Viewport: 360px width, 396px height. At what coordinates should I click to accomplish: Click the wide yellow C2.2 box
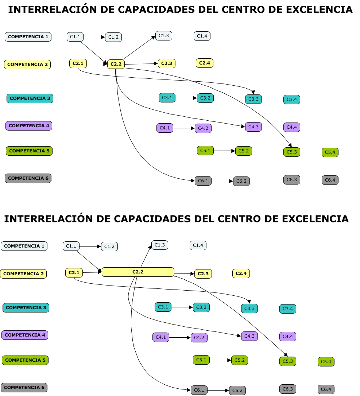pyautogui.click(x=138, y=272)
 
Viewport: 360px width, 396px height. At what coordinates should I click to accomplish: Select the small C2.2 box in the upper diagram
pyautogui.click(x=116, y=64)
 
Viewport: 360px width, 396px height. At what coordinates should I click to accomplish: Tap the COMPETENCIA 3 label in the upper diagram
pyautogui.click(x=30, y=98)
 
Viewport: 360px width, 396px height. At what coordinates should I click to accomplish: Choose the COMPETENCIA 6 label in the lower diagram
pyautogui.click(x=24, y=387)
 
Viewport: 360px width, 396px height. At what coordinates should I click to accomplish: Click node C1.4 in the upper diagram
pyautogui.click(x=202, y=36)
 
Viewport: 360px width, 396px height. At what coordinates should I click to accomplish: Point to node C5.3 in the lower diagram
pyautogui.click(x=287, y=361)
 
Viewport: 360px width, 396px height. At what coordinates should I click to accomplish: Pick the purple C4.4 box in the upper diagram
pyautogui.click(x=291, y=127)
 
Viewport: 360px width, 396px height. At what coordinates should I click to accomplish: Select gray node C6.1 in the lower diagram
pyautogui.click(x=199, y=390)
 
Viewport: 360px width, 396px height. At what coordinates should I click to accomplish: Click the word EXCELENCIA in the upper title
pyautogui.click(x=319, y=10)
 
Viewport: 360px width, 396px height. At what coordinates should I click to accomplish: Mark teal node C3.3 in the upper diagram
pyautogui.click(x=253, y=99)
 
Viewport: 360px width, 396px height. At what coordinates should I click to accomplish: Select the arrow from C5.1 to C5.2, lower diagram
pyautogui.click(x=220, y=360)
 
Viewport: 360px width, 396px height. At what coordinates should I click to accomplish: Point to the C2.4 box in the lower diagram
pyautogui.click(x=241, y=273)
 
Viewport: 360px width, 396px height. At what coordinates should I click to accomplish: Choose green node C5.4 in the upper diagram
pyautogui.click(x=330, y=152)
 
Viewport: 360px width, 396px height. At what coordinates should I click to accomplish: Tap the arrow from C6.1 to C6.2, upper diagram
pyautogui.click(x=222, y=181)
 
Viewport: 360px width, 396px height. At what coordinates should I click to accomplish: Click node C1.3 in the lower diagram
pyautogui.click(x=160, y=245)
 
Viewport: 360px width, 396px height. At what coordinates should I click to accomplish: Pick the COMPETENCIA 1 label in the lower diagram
pyautogui.click(x=24, y=246)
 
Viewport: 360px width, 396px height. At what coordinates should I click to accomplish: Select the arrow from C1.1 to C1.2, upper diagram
pyautogui.click(x=94, y=37)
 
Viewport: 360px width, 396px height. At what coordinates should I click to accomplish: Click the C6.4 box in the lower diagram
pyautogui.click(x=326, y=389)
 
